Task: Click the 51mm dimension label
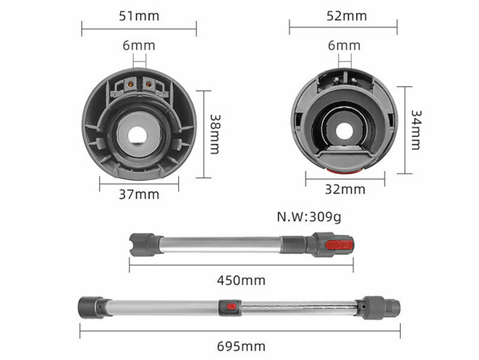pyautogui.click(x=139, y=16)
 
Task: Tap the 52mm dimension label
pyautogui.click(x=347, y=16)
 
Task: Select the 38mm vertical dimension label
pyautogui.click(x=215, y=134)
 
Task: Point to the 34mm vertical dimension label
pyautogui.click(x=416, y=130)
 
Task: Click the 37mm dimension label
pyautogui.click(x=139, y=195)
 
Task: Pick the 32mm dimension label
pyautogui.click(x=345, y=190)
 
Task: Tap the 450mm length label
pyautogui.click(x=241, y=280)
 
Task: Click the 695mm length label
pyautogui.click(x=241, y=346)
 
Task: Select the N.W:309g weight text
pyautogui.click(x=309, y=217)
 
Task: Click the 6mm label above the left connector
pyautogui.click(x=139, y=45)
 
